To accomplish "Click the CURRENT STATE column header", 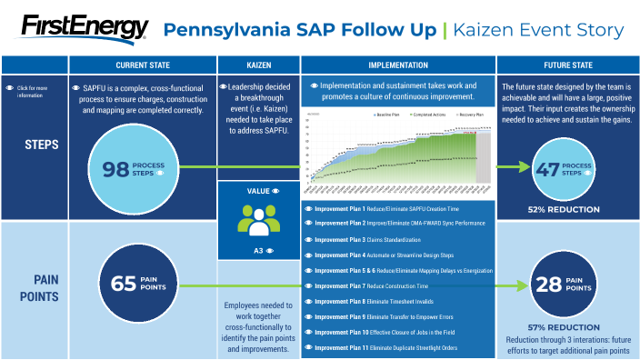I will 142,65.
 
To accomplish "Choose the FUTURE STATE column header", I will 568,65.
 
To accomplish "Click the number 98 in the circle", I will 116,168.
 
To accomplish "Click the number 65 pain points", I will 124,284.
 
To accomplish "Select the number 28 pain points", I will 549,285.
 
